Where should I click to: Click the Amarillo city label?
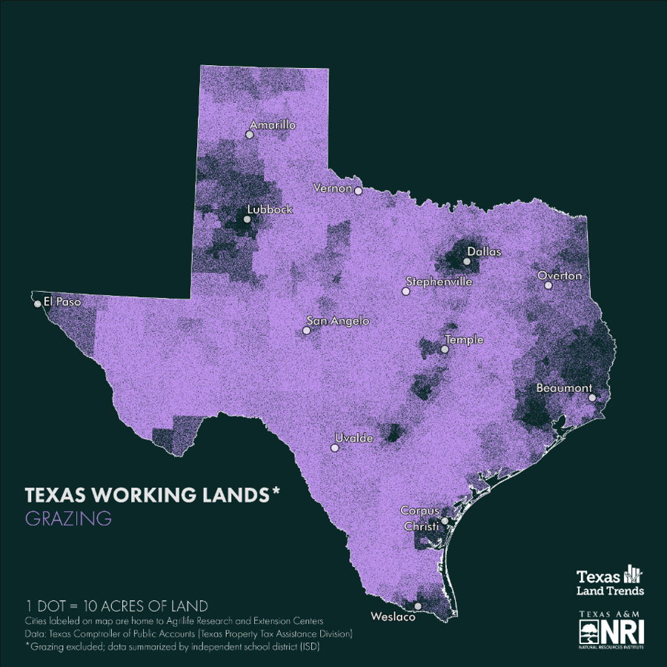tap(273, 125)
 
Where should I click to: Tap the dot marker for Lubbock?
tap(248, 219)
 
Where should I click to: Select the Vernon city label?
tap(333, 188)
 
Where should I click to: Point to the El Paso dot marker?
tap(38, 303)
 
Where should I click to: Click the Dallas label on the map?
tap(484, 252)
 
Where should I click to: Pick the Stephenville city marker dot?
tap(405, 291)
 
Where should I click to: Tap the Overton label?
tap(560, 276)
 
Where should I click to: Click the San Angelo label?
tap(338, 322)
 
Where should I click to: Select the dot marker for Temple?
tap(445, 349)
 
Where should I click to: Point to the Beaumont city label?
tap(564, 388)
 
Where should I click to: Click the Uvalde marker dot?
tap(334, 448)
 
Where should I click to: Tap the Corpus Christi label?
tap(419, 518)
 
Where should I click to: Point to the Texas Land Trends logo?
tap(610, 582)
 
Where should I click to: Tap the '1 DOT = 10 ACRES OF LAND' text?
tap(116, 605)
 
